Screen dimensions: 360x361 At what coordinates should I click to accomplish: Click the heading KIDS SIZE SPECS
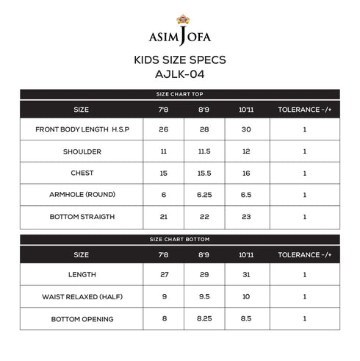[x=180, y=59]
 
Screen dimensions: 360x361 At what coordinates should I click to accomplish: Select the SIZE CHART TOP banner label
[x=180, y=94]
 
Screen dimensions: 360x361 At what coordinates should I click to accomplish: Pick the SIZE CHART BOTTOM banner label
[x=180, y=240]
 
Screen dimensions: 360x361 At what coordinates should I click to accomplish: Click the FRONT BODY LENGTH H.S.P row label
[x=82, y=129]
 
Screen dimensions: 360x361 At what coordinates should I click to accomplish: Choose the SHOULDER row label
[x=82, y=151]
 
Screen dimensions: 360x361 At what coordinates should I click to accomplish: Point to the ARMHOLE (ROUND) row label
[x=82, y=195]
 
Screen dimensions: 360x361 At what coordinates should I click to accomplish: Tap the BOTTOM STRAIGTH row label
[x=82, y=217]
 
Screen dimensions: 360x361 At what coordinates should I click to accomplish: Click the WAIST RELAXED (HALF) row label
[x=82, y=297]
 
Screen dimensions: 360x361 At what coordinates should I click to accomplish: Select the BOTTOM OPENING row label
[x=82, y=319]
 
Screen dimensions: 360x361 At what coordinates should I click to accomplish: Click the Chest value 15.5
[x=204, y=174]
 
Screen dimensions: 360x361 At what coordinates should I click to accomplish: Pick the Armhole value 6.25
[x=204, y=195]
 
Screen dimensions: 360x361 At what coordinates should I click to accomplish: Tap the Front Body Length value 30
[x=245, y=129]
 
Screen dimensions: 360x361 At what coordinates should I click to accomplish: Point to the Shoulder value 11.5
[x=204, y=151]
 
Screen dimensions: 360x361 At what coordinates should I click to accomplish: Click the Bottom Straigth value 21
[x=164, y=217]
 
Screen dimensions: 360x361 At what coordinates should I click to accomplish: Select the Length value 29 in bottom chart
[x=204, y=275]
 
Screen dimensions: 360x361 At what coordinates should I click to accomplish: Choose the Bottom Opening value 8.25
[x=204, y=319]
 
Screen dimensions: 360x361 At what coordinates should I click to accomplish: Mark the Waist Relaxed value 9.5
[x=204, y=297]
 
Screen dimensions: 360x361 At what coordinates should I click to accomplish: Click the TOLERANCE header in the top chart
[x=304, y=110]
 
